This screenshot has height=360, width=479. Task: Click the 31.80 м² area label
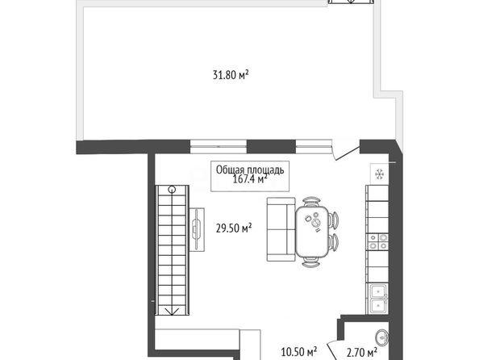click(231, 75)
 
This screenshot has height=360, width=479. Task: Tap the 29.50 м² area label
click(234, 228)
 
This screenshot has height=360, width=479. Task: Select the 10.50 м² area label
click(298, 352)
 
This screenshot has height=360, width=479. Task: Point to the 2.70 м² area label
click(362, 353)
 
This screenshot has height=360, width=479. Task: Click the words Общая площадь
click(250, 170)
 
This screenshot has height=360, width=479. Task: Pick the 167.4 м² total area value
click(251, 178)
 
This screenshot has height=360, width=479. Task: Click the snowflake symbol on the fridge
click(380, 174)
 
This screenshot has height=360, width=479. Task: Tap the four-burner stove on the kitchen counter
click(378, 241)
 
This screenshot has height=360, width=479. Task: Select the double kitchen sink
click(379, 299)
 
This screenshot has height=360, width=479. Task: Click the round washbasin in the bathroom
click(382, 338)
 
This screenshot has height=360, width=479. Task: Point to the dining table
click(312, 232)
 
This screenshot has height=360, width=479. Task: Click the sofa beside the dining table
click(281, 229)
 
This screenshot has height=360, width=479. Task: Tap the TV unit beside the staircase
click(197, 230)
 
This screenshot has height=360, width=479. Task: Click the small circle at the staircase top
click(173, 190)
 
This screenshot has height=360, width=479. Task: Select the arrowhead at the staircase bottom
click(172, 312)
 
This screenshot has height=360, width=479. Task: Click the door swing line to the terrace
click(348, 153)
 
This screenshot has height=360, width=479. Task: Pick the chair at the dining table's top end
click(311, 201)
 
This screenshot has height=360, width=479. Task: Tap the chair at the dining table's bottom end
click(311, 262)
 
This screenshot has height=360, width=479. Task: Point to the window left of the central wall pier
click(219, 147)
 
